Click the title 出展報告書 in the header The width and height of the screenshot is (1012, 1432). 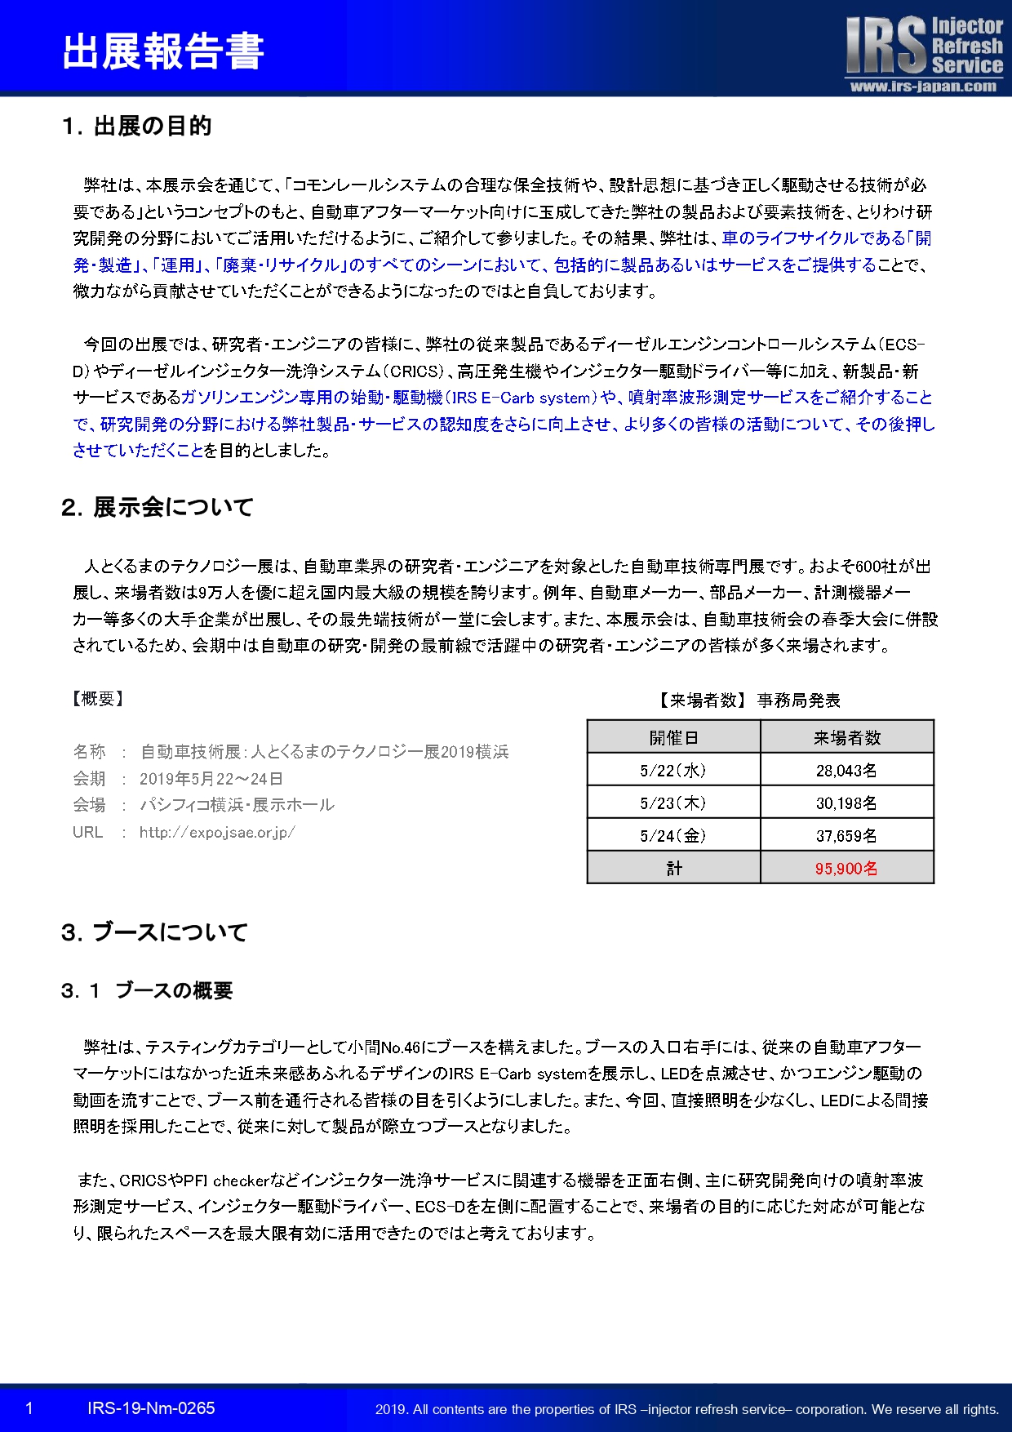(163, 51)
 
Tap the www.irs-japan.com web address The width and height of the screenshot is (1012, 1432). (923, 87)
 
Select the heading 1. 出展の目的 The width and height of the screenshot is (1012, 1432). (136, 126)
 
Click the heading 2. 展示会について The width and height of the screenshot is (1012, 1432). (157, 507)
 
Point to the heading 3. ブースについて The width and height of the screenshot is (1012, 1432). (153, 932)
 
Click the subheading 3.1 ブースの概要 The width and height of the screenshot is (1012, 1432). (147, 990)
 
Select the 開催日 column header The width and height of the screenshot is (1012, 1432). (673, 737)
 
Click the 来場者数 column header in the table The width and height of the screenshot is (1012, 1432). (846, 737)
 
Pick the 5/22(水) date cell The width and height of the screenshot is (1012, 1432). (673, 770)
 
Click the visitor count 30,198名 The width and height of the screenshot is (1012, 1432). (846, 803)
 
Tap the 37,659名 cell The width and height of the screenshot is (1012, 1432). (846, 835)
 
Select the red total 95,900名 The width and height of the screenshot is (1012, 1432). (846, 868)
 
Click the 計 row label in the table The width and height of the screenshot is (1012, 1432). (673, 868)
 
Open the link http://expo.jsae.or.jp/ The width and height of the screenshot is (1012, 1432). (217, 832)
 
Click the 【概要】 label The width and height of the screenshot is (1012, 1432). (98, 698)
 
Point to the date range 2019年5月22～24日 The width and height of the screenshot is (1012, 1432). (211, 778)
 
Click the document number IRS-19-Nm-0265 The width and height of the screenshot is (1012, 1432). (151, 1408)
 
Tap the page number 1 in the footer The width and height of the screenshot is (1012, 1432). (29, 1408)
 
